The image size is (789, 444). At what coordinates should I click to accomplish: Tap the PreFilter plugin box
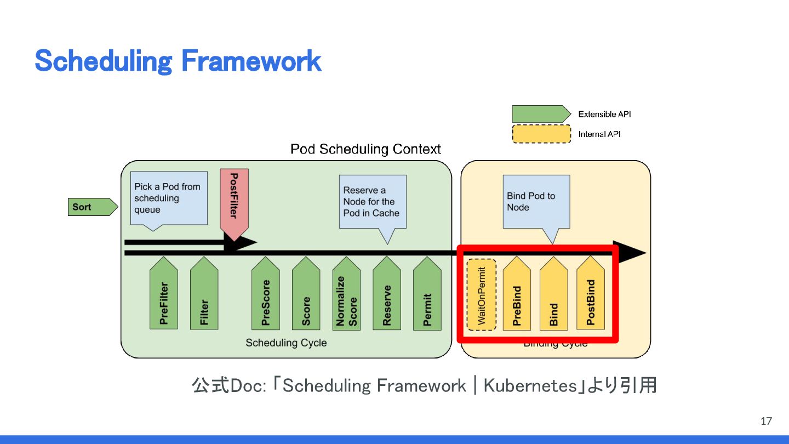pyautogui.click(x=164, y=296)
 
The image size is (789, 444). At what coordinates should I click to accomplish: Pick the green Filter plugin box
pyautogui.click(x=204, y=296)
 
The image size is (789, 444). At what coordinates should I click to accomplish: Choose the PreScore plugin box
pyautogui.click(x=266, y=296)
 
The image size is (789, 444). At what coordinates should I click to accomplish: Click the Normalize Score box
pyautogui.click(x=346, y=296)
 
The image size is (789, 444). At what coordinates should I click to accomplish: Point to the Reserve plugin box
pyautogui.click(x=387, y=296)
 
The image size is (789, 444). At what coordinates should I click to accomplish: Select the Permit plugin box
pyautogui.click(x=427, y=296)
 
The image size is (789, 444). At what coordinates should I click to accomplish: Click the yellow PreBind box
pyautogui.click(x=517, y=296)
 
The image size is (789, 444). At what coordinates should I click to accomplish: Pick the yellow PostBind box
pyautogui.click(x=591, y=296)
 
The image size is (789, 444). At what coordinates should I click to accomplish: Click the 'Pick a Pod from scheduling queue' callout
pyautogui.click(x=169, y=198)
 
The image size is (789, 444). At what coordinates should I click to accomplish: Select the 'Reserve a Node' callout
pyautogui.click(x=373, y=201)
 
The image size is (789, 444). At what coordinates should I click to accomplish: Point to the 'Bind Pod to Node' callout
pyautogui.click(x=536, y=201)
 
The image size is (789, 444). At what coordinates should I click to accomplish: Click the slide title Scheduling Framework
pyautogui.click(x=178, y=61)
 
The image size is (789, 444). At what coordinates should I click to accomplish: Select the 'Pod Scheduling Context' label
pyautogui.click(x=365, y=149)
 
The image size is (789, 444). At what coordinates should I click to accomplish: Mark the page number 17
pyautogui.click(x=766, y=421)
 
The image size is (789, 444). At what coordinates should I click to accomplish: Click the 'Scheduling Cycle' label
pyautogui.click(x=286, y=343)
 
